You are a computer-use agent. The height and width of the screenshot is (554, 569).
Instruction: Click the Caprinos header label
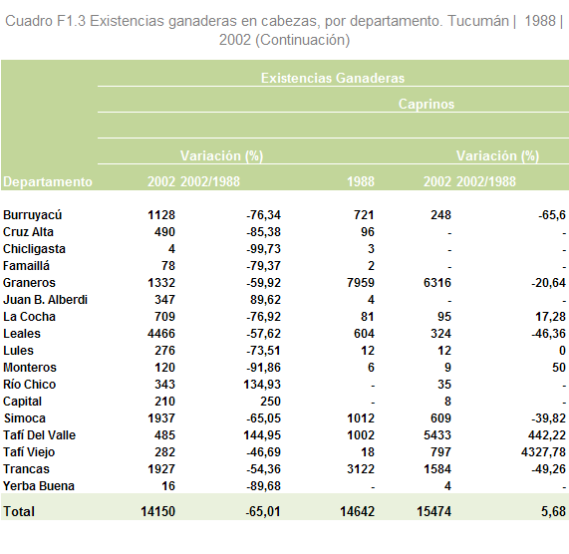coord(427,105)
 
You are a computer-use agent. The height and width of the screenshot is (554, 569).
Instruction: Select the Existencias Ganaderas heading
coord(333,78)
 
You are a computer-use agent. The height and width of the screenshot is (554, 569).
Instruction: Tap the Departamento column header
coord(48,181)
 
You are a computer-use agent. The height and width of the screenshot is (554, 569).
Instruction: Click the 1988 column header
coord(361,181)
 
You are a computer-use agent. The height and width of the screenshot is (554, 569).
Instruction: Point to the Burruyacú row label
coord(32,215)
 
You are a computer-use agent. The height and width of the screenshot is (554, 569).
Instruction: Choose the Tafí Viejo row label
coord(29,452)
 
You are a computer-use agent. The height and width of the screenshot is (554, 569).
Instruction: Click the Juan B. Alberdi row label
coord(46,300)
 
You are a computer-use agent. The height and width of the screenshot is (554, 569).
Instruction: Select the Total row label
coord(19,511)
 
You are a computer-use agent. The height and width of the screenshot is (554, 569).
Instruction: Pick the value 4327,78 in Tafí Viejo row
coord(543,452)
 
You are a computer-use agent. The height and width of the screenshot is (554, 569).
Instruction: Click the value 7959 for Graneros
coord(361,283)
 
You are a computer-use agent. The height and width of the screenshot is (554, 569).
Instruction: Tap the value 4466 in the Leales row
coord(161,334)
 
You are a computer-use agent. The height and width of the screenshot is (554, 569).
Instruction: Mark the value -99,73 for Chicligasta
coord(263,249)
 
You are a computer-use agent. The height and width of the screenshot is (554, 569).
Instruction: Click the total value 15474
coord(434,511)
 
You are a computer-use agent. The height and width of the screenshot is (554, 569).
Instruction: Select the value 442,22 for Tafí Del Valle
coord(547,435)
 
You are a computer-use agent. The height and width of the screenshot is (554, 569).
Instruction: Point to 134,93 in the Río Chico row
coord(262,385)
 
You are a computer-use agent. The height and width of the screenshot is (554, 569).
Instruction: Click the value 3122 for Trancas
coord(361,469)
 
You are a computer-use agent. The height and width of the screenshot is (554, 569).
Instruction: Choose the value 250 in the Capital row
coord(270,402)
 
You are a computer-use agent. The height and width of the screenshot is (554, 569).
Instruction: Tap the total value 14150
coord(157,511)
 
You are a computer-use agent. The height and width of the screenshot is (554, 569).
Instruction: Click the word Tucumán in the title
coord(478,21)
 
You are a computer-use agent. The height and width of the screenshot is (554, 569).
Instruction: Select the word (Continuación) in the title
coord(303,40)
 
